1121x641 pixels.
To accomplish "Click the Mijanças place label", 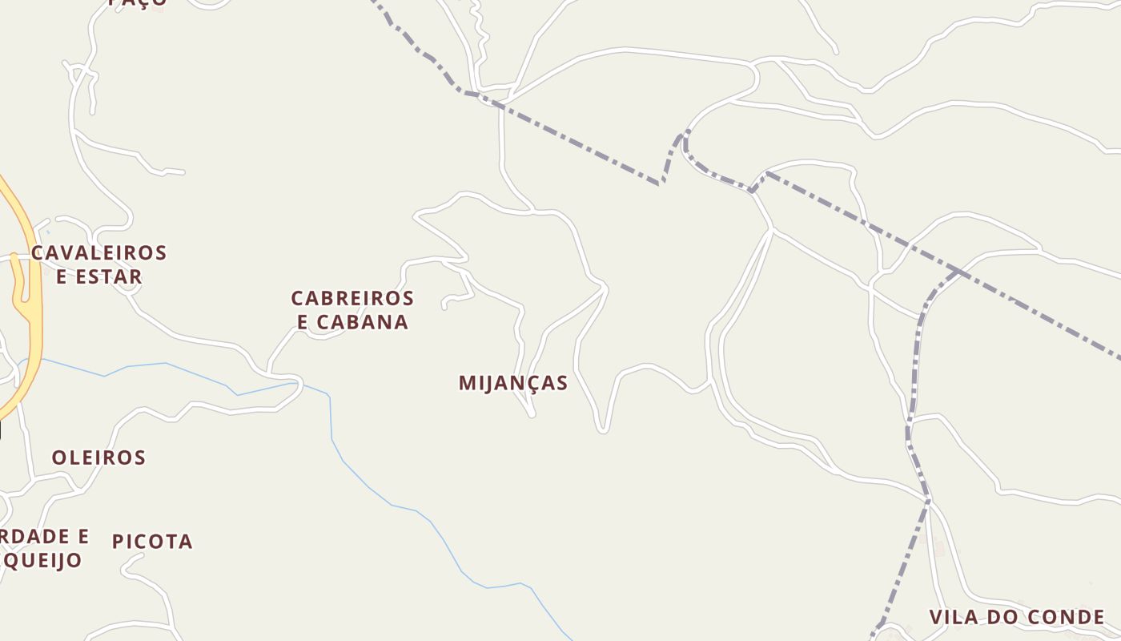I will pos(513,383).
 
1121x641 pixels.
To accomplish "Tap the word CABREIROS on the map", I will pos(352,298).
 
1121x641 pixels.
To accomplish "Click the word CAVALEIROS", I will pos(99,253).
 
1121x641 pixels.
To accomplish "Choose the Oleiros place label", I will pos(98,458).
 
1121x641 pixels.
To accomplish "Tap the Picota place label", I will pos(152,542).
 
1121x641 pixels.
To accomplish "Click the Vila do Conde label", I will pos(1017,617).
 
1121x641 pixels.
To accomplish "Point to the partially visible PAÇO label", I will pos(138,3).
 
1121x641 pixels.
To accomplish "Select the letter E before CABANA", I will pos(303,322).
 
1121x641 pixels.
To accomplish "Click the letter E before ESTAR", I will pos(61,277).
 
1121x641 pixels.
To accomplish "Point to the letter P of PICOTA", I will pos(118,542).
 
